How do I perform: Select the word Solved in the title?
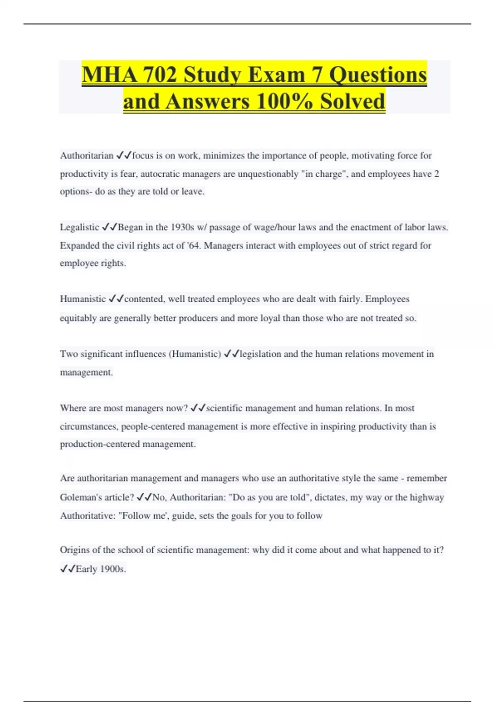pos(352,101)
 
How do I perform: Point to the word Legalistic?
pos(80,227)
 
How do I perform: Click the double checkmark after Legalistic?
pos(109,227)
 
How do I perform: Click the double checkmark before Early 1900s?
pos(68,569)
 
